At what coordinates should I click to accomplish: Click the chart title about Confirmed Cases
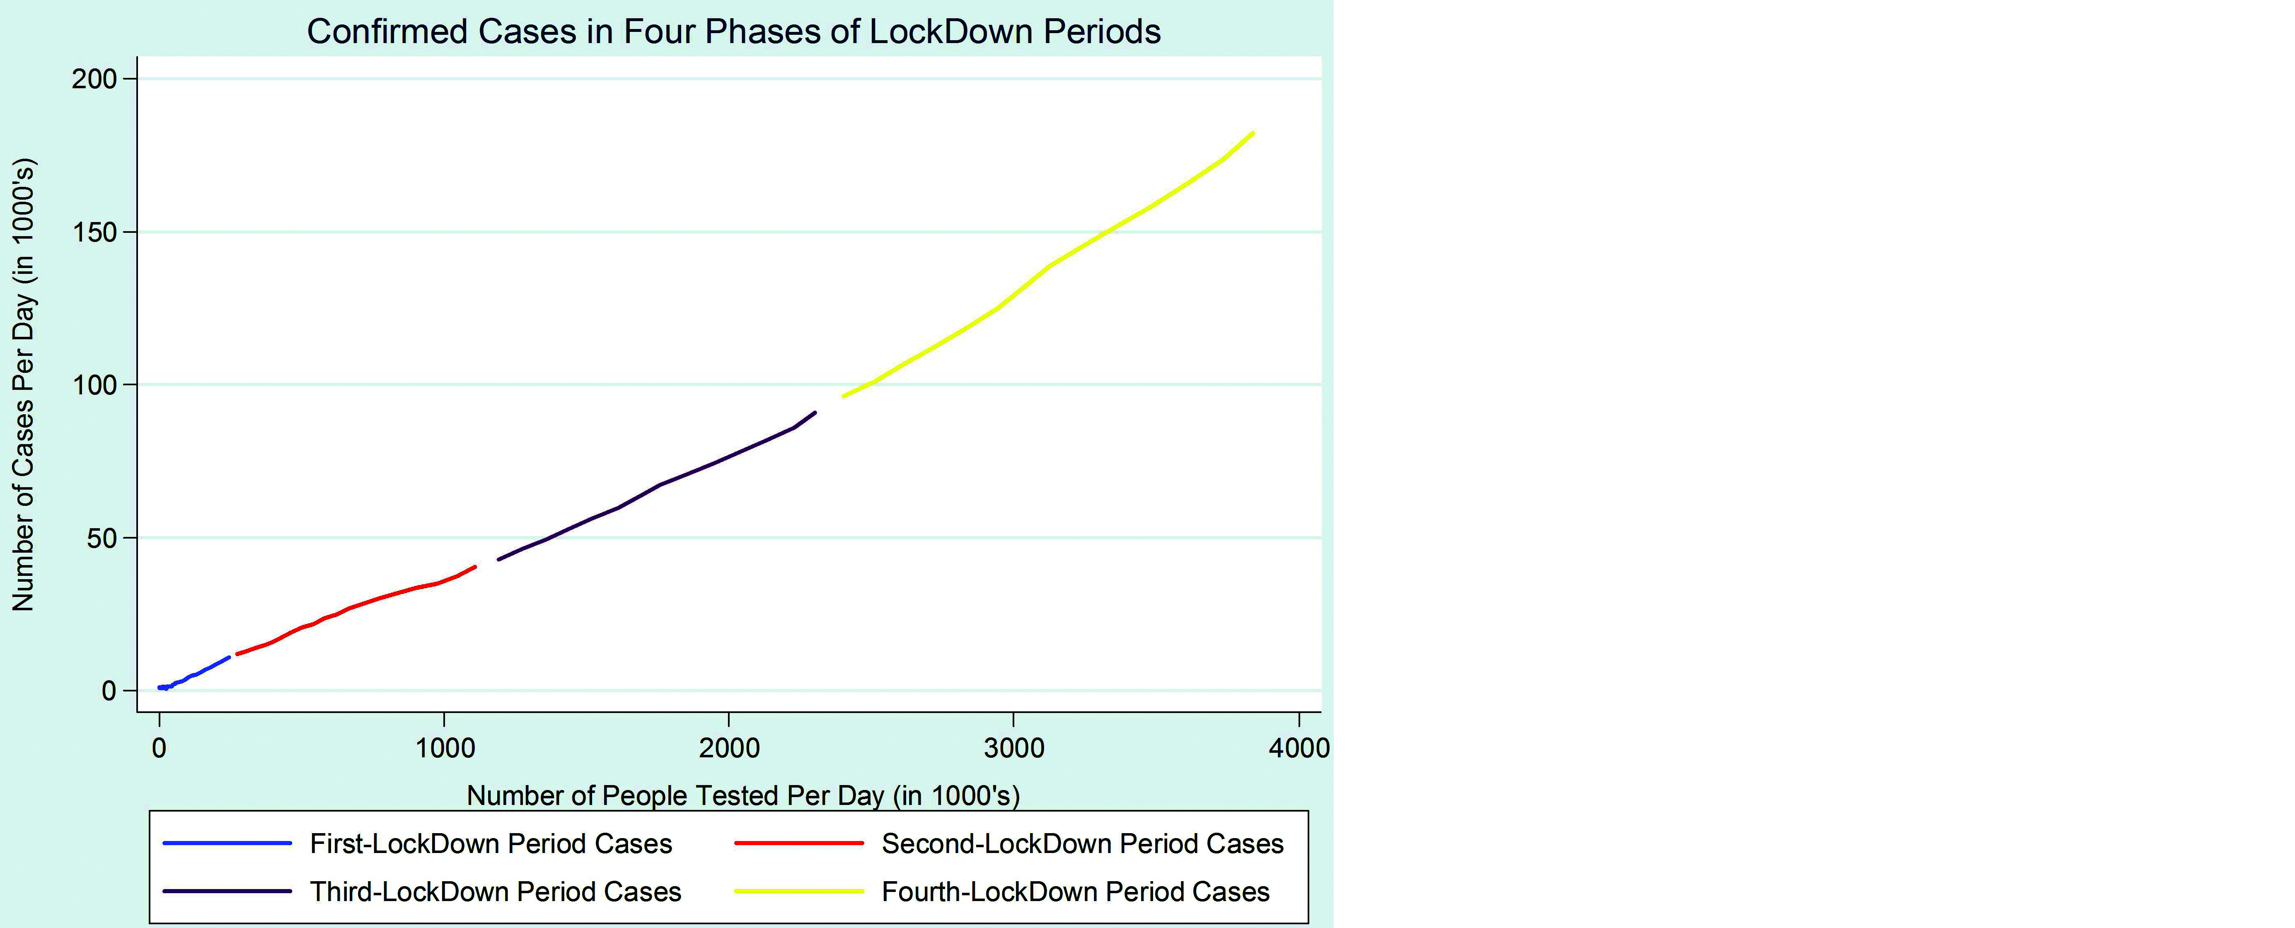point(733,31)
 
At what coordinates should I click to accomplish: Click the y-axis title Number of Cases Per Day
point(23,385)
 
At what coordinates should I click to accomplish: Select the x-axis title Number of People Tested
point(743,795)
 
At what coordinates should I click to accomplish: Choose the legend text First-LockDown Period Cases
point(491,843)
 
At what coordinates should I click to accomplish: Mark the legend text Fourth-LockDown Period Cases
point(1075,892)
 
